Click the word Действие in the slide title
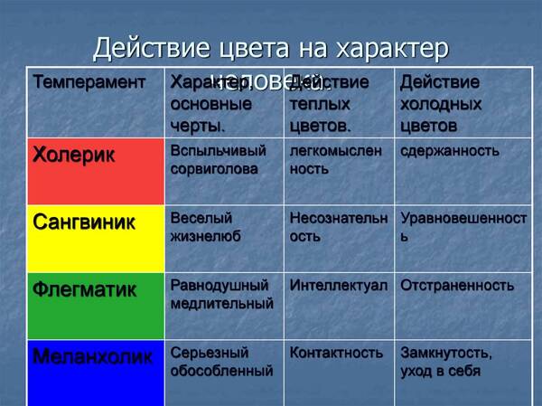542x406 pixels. point(145,46)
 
